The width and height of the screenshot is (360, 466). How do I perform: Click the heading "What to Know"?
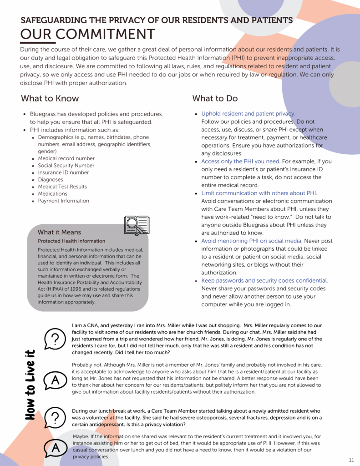[x=50, y=98]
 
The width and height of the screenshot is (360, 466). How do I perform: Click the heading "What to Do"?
[x=215, y=98]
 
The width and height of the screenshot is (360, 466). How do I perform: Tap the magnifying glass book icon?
[x=137, y=225]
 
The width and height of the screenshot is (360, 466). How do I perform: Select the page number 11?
[x=351, y=459]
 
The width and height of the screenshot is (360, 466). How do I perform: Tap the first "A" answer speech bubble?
[x=55, y=380]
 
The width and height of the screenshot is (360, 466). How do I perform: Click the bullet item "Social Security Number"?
[x=66, y=166]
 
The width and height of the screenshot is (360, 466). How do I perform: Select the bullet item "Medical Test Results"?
[x=62, y=187]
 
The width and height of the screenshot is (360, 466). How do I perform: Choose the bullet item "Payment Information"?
[x=63, y=201]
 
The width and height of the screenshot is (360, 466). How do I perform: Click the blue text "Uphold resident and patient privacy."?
[x=248, y=114]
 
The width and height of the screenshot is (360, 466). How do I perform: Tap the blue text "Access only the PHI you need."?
[x=241, y=162]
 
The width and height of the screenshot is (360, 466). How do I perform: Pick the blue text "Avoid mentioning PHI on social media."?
[x=252, y=241]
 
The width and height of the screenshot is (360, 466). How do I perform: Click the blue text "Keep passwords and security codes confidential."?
[x=264, y=281]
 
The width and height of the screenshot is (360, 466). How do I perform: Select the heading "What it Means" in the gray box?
[x=60, y=232]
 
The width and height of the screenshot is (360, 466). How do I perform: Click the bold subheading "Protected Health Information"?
[x=71, y=241]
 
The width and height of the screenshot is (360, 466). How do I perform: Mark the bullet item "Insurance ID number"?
[x=63, y=172]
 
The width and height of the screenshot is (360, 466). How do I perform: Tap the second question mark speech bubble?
[x=55, y=417]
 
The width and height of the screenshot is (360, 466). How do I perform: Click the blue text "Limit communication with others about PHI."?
[x=259, y=193]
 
